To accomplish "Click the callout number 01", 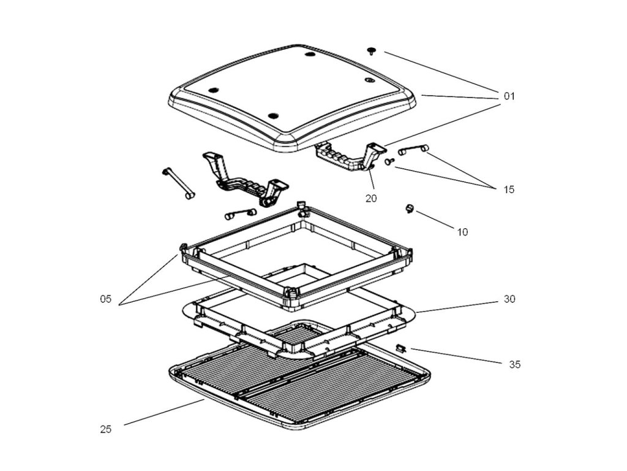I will [509, 96].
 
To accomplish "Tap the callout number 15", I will [509, 190].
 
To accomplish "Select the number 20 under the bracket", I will [371, 198].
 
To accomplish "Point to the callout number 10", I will [462, 232].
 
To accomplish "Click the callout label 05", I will [105, 299].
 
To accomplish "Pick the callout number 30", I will [509, 299].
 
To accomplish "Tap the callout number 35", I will [514, 364].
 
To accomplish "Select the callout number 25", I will [105, 429].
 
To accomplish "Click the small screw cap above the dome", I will [372, 50].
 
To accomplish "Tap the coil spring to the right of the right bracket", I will [414, 149].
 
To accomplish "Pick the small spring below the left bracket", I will [239, 214].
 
